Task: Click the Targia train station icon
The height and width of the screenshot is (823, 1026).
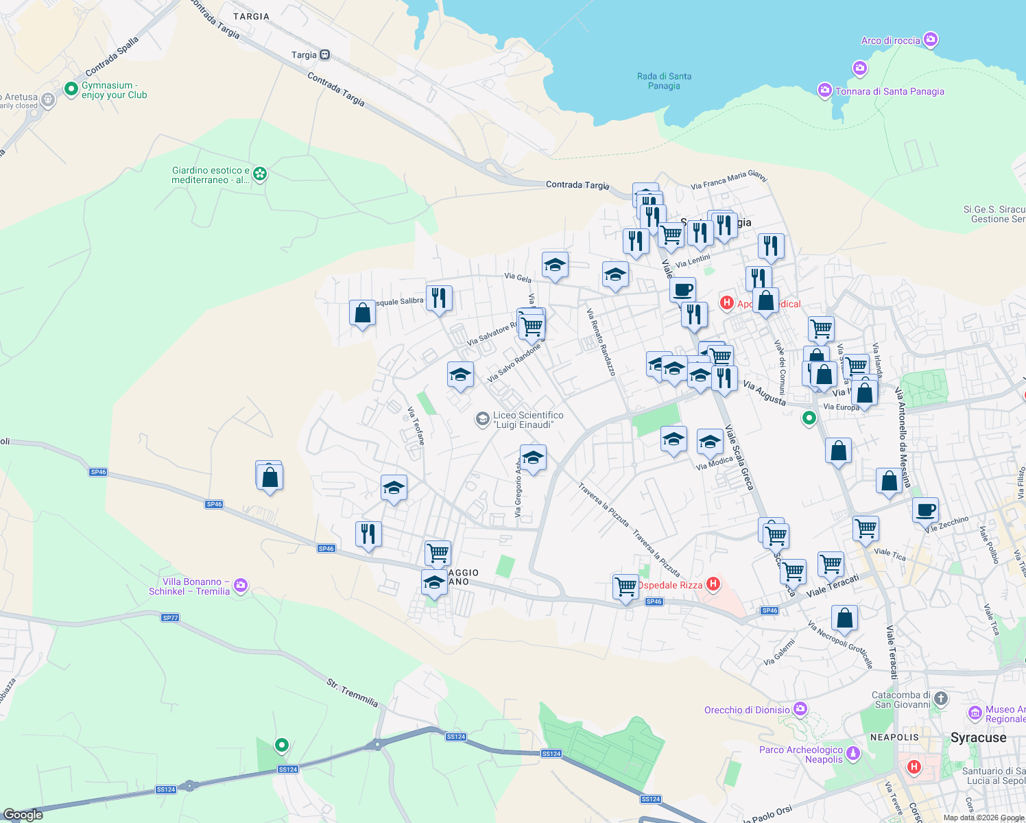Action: point(324,55)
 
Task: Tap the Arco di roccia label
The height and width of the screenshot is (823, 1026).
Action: point(890,40)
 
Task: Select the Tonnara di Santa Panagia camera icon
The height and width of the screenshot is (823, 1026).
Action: point(825,91)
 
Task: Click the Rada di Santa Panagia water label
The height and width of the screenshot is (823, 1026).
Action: point(664,81)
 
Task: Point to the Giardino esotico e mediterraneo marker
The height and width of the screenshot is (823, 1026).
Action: point(260,174)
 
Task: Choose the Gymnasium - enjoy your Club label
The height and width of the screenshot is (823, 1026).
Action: point(114,91)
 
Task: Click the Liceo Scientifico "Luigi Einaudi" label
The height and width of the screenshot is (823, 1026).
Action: point(527,420)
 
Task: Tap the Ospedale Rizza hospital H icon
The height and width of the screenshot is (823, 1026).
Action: point(713,584)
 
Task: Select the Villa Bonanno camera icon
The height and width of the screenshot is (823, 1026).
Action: point(241,586)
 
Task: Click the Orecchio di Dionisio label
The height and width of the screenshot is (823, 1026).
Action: point(747,710)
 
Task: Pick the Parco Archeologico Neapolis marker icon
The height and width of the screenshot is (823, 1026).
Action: point(853,754)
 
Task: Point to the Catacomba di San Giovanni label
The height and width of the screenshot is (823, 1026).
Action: point(900,700)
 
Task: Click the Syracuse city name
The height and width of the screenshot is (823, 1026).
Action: point(978,738)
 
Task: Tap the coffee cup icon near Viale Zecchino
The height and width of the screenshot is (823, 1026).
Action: point(925,510)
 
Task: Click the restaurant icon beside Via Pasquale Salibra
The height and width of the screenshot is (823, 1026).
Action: point(439,298)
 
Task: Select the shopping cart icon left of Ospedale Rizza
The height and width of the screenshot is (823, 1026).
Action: point(625,587)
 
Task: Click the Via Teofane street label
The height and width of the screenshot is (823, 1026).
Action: point(416,426)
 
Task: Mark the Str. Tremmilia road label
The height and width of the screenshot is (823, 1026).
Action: point(352,693)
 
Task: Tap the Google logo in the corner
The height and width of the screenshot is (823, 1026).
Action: point(23,814)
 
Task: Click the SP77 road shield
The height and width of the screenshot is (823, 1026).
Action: point(170,617)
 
